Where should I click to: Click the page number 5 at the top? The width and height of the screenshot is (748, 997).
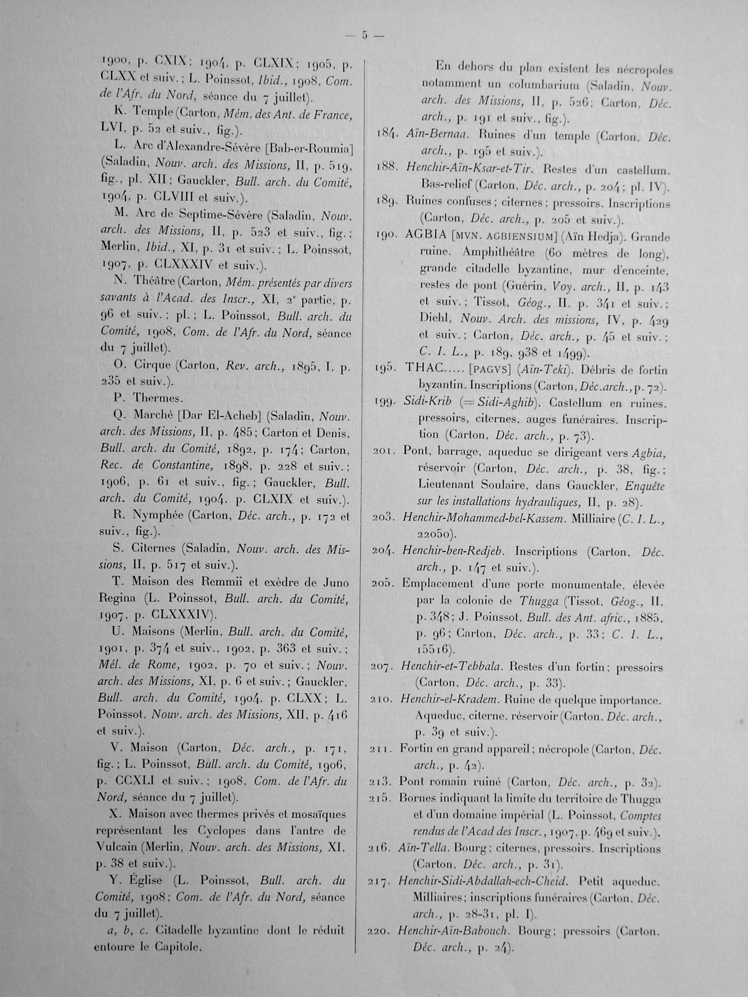[365, 36]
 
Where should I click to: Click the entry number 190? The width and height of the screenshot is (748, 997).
[386, 235]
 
